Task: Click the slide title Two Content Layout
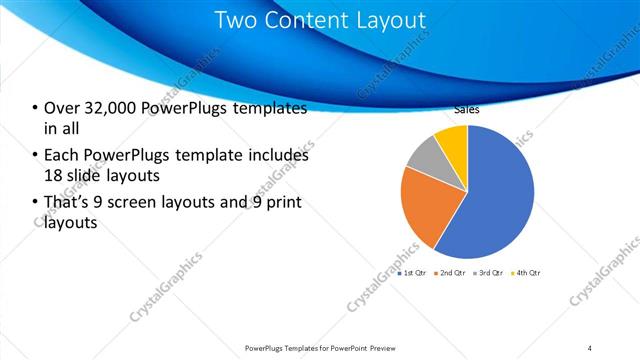(x=319, y=20)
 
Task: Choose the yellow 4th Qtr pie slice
(x=453, y=139)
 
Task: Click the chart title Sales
(x=467, y=111)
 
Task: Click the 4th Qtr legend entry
(x=526, y=272)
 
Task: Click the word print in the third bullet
(x=279, y=204)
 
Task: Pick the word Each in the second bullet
(x=61, y=156)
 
